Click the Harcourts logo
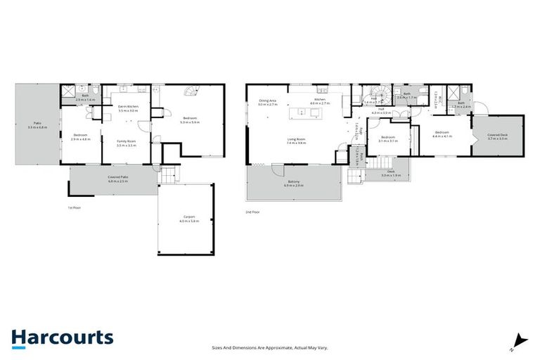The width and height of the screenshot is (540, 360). [x=63, y=337]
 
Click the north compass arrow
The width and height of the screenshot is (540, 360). [x=518, y=341]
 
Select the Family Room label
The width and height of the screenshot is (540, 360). [x=127, y=143]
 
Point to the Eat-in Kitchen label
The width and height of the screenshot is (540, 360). [x=129, y=108]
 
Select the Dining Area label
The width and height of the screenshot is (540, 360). [x=268, y=103]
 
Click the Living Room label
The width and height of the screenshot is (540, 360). [x=296, y=141]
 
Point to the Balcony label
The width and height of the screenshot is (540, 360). [x=295, y=184]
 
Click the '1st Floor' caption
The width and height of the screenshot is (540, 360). [x=71, y=208]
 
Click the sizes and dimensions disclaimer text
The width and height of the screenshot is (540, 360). [x=270, y=347]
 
